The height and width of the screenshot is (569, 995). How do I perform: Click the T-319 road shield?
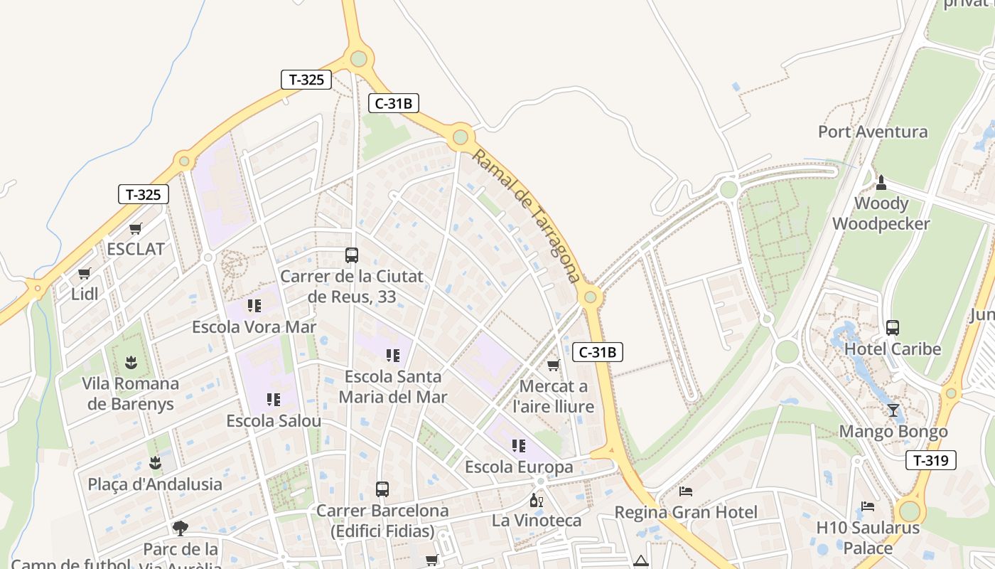(931, 460)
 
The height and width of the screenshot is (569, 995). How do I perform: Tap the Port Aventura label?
(872, 132)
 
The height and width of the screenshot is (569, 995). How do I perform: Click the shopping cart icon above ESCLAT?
(135, 229)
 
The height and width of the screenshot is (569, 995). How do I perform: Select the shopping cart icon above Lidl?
(85, 273)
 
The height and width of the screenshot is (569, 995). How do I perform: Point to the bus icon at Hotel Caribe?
(893, 328)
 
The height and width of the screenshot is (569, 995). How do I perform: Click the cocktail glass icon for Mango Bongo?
(893, 410)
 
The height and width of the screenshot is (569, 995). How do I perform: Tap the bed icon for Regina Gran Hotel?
(686, 491)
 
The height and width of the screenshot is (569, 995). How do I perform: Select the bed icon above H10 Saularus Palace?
(868, 506)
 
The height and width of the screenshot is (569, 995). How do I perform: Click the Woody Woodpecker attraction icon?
(881, 183)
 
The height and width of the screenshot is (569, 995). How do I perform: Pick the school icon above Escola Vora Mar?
(254, 306)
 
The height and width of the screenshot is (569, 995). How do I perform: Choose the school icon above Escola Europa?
(519, 446)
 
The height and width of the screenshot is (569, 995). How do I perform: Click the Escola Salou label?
(274, 421)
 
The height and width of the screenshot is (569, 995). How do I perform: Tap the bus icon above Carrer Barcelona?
(382, 489)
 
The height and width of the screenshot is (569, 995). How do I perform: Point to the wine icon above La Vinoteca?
(537, 500)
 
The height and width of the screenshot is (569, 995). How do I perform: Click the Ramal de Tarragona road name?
(527, 216)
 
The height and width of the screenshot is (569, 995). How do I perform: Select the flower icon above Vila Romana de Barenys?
(131, 363)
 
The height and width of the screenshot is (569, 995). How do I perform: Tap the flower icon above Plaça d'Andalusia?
(155, 464)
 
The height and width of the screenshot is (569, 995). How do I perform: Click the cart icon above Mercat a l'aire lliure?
(553, 366)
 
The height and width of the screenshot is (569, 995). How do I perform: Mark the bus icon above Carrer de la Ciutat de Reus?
(351, 255)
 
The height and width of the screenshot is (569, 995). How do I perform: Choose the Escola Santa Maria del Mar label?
(392, 386)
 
